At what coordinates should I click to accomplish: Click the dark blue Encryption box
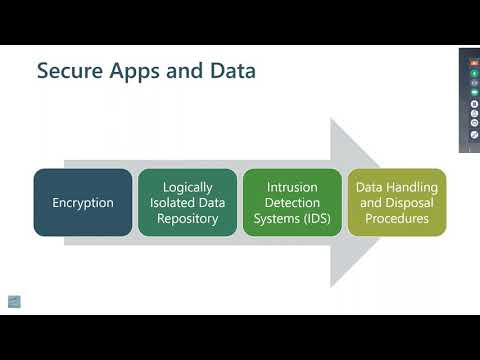point(83,202)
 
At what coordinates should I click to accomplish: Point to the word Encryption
point(83,203)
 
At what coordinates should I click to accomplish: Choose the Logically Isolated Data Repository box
point(187,202)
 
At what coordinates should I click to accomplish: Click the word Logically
point(187,187)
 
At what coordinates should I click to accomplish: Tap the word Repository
point(187,218)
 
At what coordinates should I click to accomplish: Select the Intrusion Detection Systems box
point(292,202)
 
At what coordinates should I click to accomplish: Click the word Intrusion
point(292,187)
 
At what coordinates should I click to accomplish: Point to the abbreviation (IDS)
point(317,218)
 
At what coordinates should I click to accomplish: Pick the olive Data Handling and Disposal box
point(397,202)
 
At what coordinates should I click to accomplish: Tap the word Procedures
point(397,218)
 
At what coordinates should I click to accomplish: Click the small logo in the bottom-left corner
point(14,301)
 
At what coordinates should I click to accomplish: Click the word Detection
point(292,203)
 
